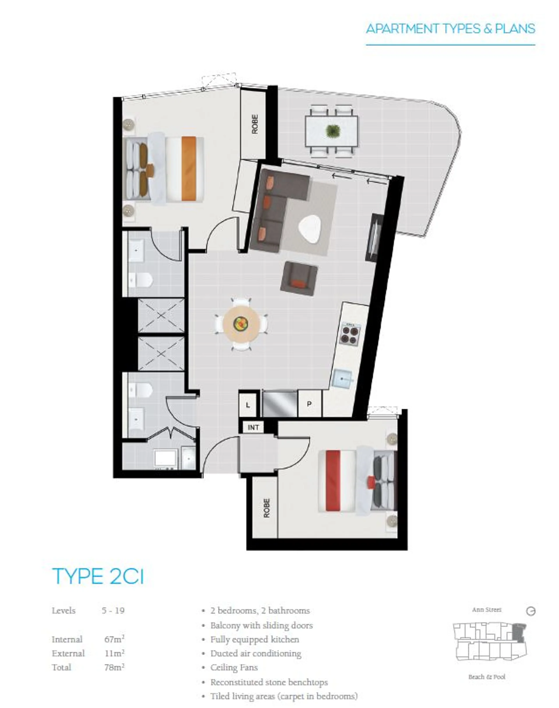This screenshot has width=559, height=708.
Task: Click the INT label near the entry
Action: (253, 427)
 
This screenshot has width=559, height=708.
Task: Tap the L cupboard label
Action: (248, 405)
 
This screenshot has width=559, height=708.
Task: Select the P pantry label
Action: (309, 404)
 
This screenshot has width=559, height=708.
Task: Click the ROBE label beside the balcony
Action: (255, 124)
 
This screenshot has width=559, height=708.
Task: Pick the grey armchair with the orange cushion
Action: (299, 279)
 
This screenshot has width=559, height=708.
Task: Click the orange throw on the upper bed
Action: (189, 168)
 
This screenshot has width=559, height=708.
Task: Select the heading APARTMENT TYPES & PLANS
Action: (450, 29)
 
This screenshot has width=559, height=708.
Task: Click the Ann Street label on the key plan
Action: (487, 610)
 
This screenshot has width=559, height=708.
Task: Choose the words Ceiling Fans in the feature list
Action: (234, 668)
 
